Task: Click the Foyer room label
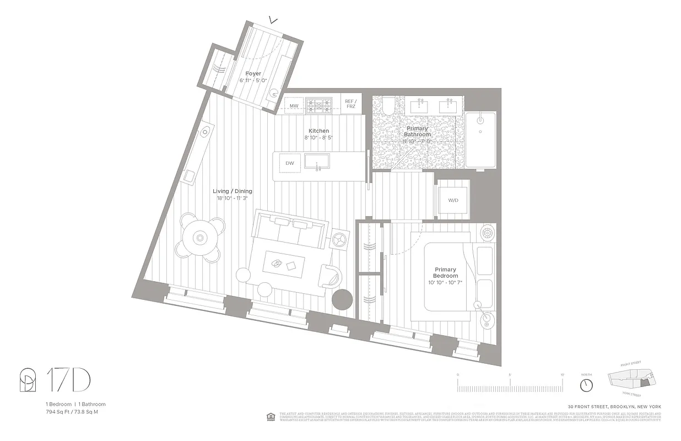point(253,73)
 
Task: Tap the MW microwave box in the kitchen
point(294,105)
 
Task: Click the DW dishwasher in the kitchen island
point(289,163)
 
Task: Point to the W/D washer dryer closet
point(453,200)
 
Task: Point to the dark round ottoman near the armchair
point(342,299)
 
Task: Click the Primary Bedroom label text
point(445,273)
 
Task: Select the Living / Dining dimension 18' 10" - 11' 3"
point(232,198)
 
